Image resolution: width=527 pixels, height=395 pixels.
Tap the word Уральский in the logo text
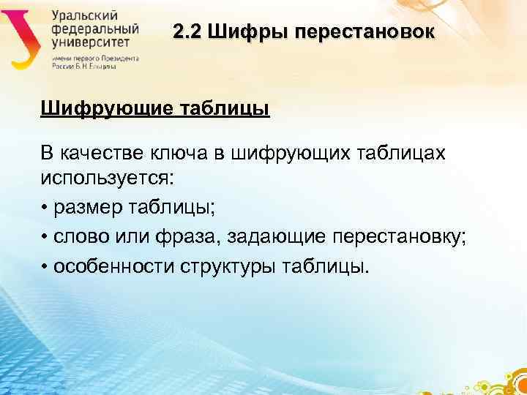pyautogui.click(x=82, y=15)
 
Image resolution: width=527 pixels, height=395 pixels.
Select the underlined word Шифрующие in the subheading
pyautogui.click(x=105, y=109)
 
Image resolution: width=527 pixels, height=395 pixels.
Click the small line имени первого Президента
pyautogui.click(x=94, y=57)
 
